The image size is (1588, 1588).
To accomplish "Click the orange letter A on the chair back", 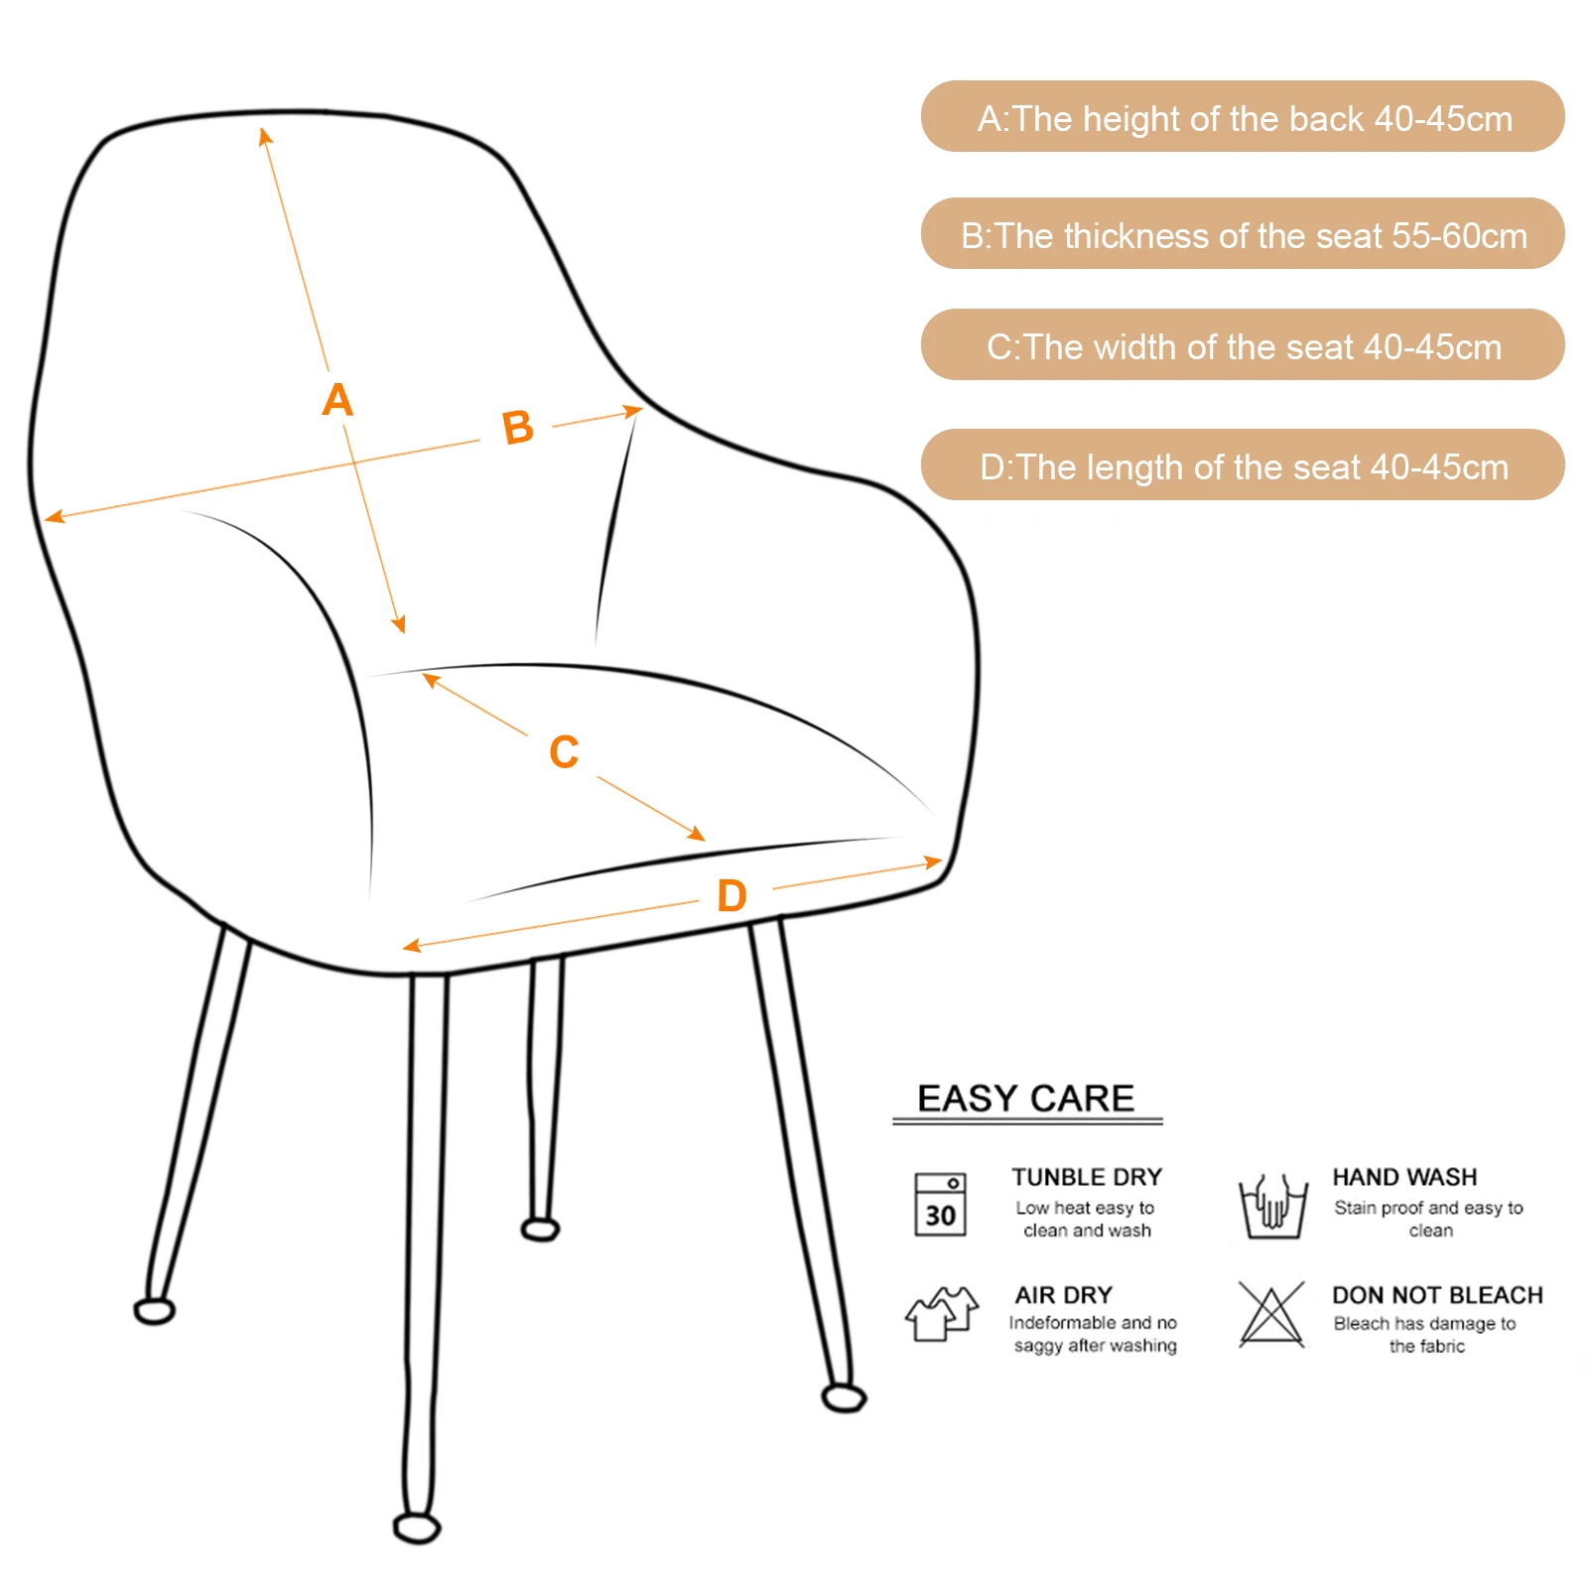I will pyautogui.click(x=337, y=400).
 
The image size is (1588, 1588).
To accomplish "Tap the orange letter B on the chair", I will pyautogui.click(x=517, y=428).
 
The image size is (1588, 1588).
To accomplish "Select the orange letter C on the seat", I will pyautogui.click(x=564, y=751).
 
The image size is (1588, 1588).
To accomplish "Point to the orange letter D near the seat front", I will pyautogui.click(x=731, y=895).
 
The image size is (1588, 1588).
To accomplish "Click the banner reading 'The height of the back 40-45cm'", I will pyautogui.click(x=1243, y=117).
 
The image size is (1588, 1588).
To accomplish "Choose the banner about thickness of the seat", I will pyautogui.click(x=1243, y=234).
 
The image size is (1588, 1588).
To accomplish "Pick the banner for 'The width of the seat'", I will pyautogui.click(x=1243, y=345).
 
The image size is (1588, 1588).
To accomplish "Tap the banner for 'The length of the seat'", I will pyautogui.click(x=1243, y=465).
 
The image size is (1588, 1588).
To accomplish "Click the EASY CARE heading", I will pyautogui.click(x=1025, y=1099).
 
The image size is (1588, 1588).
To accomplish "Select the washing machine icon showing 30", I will pyautogui.click(x=940, y=1204).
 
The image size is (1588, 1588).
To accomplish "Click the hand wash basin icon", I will pyautogui.click(x=1271, y=1206).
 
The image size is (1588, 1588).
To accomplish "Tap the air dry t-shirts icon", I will pyautogui.click(x=941, y=1314).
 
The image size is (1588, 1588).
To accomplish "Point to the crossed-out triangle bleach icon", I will pyautogui.click(x=1271, y=1314).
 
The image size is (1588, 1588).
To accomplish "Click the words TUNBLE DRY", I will pyautogui.click(x=1087, y=1177).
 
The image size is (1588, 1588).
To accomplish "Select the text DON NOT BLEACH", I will pyautogui.click(x=1437, y=1295).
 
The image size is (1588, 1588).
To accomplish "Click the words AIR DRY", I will pyautogui.click(x=1063, y=1295).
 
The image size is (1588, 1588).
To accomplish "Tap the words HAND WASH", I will pyautogui.click(x=1404, y=1177).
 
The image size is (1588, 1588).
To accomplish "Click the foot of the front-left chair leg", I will pyautogui.click(x=417, y=1526).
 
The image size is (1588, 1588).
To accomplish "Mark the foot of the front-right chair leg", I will pyautogui.click(x=845, y=1398).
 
